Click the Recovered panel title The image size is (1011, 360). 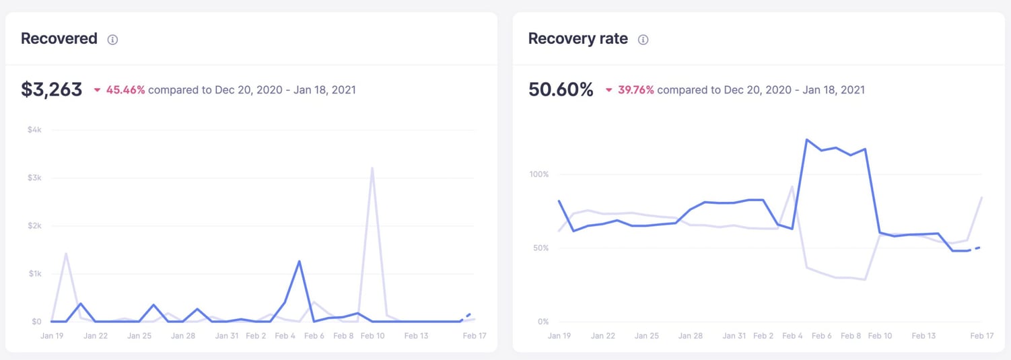(59, 39)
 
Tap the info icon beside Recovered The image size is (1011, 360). (112, 40)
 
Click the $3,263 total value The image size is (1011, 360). (51, 89)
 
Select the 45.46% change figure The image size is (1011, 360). (125, 89)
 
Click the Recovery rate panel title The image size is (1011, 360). (578, 39)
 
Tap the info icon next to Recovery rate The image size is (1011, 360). (643, 40)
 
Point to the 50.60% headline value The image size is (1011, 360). (561, 89)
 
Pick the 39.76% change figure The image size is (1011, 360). (635, 89)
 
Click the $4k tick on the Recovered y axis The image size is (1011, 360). (34, 129)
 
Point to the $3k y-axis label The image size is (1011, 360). (34, 178)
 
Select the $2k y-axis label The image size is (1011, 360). (34, 225)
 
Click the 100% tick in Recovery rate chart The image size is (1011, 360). (539, 174)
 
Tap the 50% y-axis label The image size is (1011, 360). (541, 248)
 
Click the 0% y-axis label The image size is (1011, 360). (543, 322)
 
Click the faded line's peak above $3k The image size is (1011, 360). (372, 168)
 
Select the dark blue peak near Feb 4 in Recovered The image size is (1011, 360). (299, 261)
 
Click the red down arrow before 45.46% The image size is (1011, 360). (97, 90)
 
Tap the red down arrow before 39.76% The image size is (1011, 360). (608, 90)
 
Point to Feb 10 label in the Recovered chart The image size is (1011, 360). (372, 336)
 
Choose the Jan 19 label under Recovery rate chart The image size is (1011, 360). (559, 336)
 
